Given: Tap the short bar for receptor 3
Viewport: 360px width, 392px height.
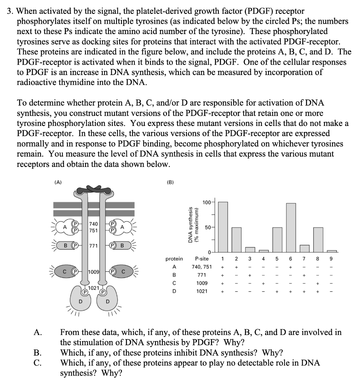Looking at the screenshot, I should pyautogui.click(x=250, y=250).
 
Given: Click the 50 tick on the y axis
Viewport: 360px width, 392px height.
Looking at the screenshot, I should pyautogui.click(x=209, y=227).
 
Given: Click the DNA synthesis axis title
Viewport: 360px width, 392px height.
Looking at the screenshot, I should pyautogui.click(x=192, y=227).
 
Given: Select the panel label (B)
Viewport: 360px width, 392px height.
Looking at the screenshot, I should pyautogui.click(x=170, y=183).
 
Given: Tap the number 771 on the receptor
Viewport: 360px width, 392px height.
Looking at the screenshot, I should pyautogui.click(x=93, y=245).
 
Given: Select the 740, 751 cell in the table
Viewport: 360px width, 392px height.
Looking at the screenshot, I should pyautogui.click(x=203, y=267).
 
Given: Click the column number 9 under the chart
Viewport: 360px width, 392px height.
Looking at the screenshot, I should pyautogui.click(x=331, y=259).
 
